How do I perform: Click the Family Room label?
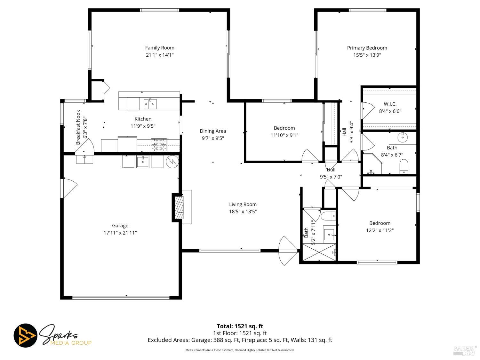point(160,48)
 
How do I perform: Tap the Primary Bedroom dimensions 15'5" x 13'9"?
point(367,55)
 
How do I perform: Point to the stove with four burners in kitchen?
point(159,145)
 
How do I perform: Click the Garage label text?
point(120,226)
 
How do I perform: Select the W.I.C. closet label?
point(390,104)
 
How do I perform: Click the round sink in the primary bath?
point(402,138)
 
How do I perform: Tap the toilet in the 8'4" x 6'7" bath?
point(404,166)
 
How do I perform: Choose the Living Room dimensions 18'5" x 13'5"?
point(243,212)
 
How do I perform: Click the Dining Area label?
point(213,131)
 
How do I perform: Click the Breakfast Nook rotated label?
point(78,127)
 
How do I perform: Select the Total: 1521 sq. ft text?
point(240,326)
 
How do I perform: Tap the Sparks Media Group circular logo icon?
point(25,336)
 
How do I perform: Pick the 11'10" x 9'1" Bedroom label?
point(284,128)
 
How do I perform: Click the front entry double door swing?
point(288,251)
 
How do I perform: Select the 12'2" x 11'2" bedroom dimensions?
point(380,230)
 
